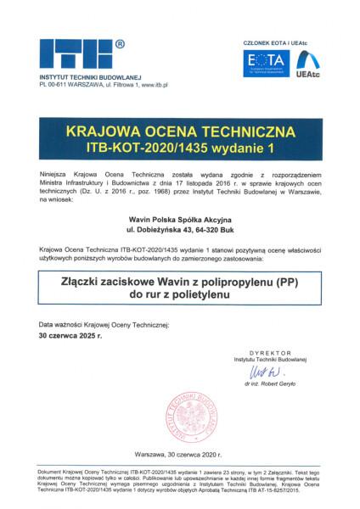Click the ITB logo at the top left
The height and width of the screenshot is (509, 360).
[x=75, y=56]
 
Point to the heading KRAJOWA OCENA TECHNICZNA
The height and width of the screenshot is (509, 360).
[x=179, y=132]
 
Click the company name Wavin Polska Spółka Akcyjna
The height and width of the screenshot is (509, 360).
[x=179, y=219]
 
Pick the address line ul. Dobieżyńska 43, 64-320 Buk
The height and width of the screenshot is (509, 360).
[x=179, y=231]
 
